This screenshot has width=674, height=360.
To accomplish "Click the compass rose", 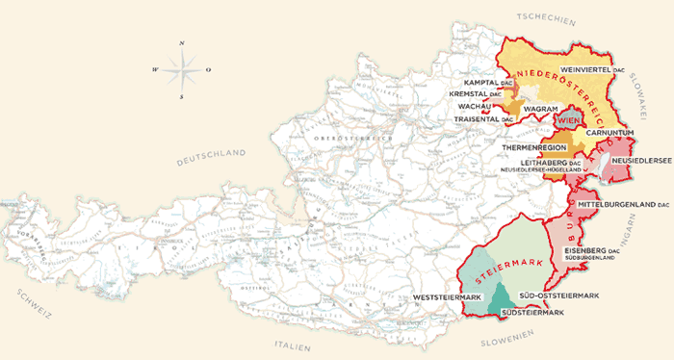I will tap(181, 69).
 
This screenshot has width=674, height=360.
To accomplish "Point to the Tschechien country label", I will tap(545, 19).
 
